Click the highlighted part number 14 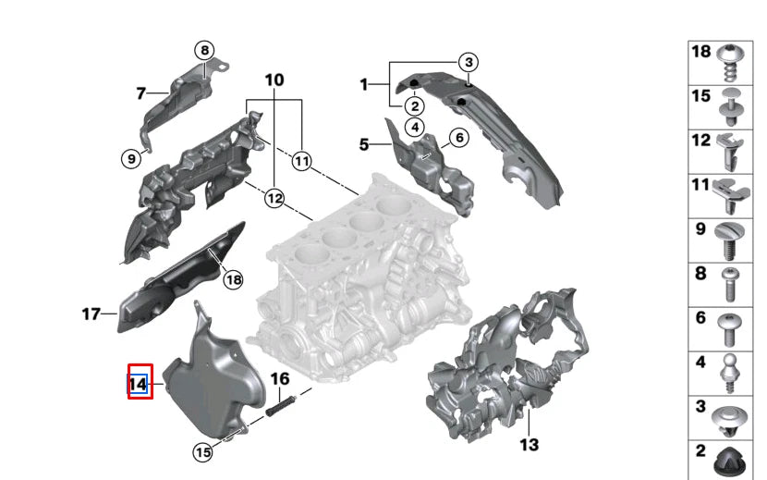point(139,382)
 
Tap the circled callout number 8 point(203,50)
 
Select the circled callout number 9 point(131,159)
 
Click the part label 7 point(140,92)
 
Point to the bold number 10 point(274,80)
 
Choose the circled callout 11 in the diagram point(301,161)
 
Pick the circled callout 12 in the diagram point(274,197)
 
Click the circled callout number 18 point(233,279)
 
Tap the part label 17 point(90,314)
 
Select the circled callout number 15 point(202,451)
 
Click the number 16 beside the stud point(280,379)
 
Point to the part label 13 point(529,446)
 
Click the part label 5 point(364,143)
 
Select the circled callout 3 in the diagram point(469,62)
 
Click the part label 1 point(364,85)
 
